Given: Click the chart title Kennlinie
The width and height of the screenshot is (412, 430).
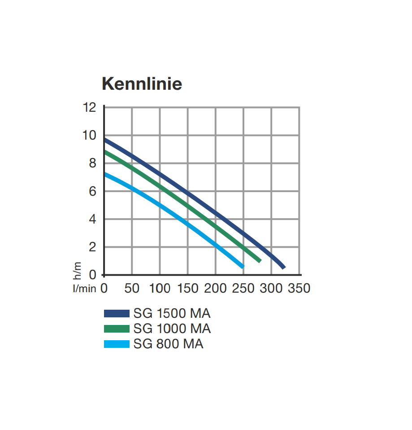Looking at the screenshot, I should tap(142, 84).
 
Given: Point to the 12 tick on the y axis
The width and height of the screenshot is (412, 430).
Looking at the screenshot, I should tap(90, 108).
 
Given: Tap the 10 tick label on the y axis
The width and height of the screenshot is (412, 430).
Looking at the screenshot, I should tap(90, 136).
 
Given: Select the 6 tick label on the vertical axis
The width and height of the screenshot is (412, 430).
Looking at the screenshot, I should tap(92, 191).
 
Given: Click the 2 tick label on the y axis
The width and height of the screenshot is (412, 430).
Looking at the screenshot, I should tap(92, 247).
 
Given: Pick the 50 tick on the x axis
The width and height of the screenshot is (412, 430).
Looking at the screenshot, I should tap(132, 288).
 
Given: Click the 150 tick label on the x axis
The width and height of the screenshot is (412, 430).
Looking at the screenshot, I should tap(187, 288).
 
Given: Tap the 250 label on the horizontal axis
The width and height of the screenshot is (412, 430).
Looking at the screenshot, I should tap(243, 288).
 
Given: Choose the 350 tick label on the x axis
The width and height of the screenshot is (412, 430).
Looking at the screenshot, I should tap(299, 288).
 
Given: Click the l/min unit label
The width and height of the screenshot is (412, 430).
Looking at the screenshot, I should tap(84, 289).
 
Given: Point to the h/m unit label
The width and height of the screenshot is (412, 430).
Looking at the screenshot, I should tap(78, 269).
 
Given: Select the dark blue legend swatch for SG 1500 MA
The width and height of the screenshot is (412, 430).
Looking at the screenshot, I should tap(117, 313).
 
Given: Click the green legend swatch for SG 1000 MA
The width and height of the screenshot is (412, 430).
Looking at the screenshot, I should tap(117, 329).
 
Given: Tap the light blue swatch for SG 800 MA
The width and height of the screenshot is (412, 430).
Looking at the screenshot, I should tap(117, 344).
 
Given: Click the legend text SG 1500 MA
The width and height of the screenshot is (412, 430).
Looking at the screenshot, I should tap(172, 313).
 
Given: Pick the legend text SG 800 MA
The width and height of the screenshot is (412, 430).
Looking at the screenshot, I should tap(168, 344).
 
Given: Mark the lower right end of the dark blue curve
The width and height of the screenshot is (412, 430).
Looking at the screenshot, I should tap(283, 267).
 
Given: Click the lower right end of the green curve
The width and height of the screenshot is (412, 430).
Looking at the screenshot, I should tap(260, 261).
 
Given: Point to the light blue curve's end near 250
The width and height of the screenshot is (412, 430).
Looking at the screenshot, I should tap(243, 266).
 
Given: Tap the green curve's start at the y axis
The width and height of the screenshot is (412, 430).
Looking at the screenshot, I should tap(105, 152).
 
